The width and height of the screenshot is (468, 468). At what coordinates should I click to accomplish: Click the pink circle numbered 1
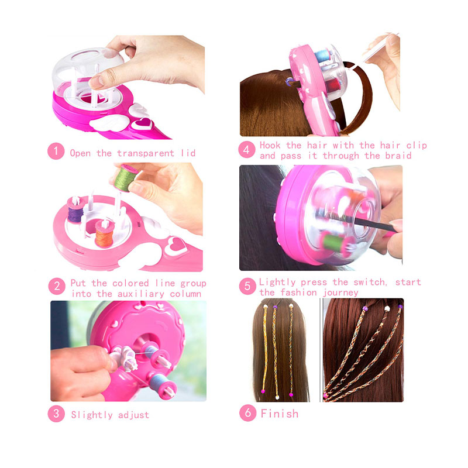click(x=56, y=152)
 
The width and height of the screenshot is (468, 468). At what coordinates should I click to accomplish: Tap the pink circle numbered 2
click(x=57, y=286)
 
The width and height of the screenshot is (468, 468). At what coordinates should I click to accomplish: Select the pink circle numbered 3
click(x=56, y=414)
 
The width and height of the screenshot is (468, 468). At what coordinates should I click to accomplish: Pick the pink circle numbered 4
click(x=246, y=149)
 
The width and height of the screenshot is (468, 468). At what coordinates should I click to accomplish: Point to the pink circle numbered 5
click(x=247, y=286)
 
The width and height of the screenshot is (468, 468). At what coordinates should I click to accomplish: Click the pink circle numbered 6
click(x=247, y=413)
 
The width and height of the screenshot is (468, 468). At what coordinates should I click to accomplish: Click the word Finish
click(x=280, y=414)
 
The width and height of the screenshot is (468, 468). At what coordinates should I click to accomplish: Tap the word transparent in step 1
click(x=145, y=153)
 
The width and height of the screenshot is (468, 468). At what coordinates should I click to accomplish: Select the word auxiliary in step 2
click(x=140, y=294)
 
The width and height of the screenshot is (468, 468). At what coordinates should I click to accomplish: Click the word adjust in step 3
click(x=133, y=415)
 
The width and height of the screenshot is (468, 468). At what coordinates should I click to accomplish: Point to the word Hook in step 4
click(x=270, y=145)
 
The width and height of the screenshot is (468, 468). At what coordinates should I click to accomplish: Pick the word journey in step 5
click(x=340, y=293)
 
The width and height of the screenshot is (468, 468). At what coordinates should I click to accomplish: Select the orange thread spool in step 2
click(x=105, y=233)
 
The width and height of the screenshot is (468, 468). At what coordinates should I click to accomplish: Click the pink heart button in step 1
click(x=142, y=123)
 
